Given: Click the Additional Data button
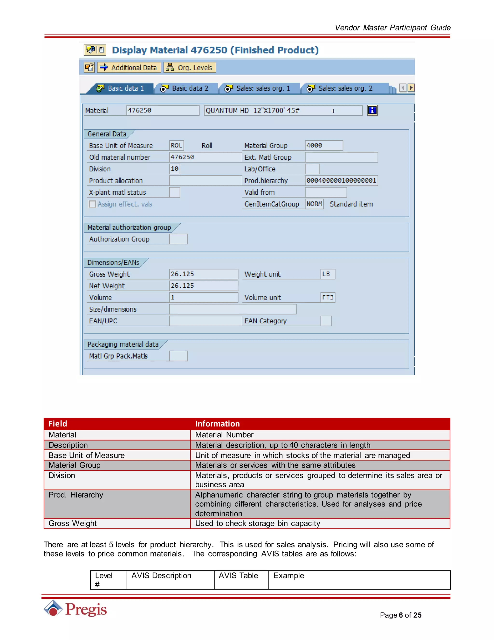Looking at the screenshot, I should pos(129,67).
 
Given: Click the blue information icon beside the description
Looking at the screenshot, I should pos(372,110).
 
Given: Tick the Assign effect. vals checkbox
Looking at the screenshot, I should pos(92,204).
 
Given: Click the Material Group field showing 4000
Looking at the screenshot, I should pos(323,145).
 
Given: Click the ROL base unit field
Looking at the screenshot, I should pos(176,145).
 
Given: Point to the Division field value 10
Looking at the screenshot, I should pos(174,169).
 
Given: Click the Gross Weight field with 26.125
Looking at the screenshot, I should pos(203,274).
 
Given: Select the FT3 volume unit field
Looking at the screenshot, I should pos(328,298).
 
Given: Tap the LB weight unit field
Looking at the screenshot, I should pos(328,274).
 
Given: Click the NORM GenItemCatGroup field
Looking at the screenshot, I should pos(314,204).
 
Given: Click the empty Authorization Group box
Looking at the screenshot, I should pos(178,239).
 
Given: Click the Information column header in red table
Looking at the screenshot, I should pos(217,424).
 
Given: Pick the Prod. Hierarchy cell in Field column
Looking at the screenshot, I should pos(76,495).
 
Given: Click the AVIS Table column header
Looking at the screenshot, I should pos(238,576).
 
